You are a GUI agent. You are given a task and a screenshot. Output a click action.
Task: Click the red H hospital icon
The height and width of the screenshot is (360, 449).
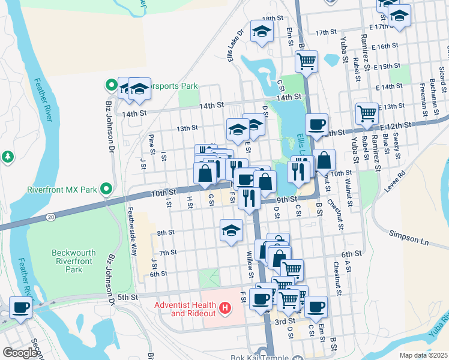[225, 309]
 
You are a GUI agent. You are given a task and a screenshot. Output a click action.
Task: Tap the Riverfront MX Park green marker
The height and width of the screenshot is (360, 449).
[106, 190]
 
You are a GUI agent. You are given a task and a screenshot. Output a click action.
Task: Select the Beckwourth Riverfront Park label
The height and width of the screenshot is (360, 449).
[74, 261]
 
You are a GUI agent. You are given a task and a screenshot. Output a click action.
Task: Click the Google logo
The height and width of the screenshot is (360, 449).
[20, 353]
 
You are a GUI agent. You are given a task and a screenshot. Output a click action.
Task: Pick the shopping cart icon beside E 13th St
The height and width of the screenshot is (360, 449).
[366, 112]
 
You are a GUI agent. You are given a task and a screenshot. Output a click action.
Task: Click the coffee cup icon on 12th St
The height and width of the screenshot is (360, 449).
[316, 124]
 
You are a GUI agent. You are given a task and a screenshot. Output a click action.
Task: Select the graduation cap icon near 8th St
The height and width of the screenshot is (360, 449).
[231, 230]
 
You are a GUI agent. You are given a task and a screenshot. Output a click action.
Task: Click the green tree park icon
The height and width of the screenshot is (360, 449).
[7, 157]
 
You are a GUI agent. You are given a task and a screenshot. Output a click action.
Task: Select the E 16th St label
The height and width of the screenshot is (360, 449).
[385, 46]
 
